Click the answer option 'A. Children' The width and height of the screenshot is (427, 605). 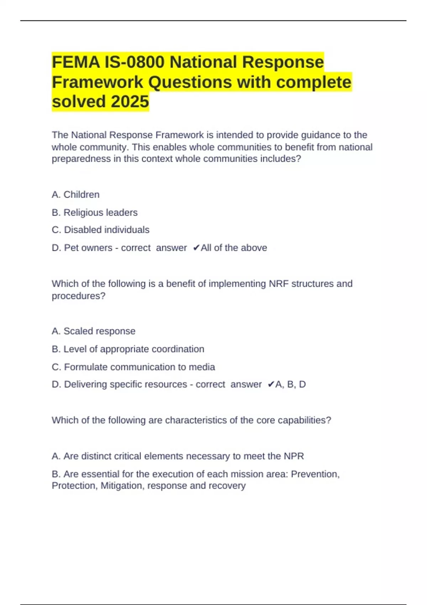75,195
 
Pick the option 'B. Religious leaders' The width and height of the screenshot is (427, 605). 95,212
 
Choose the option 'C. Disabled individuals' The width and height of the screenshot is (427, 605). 101,230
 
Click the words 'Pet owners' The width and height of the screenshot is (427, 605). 88,248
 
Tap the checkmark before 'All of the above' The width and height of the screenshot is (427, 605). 196,248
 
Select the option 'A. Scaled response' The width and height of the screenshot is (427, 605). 94,331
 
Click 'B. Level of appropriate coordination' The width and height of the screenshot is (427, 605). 128,349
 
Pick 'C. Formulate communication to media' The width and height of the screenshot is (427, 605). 133,367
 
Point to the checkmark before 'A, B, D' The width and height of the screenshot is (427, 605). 270,384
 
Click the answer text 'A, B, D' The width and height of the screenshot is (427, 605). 290,384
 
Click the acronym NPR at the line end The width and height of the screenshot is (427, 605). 294,456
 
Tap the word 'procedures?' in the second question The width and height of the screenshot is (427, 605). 79,296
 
